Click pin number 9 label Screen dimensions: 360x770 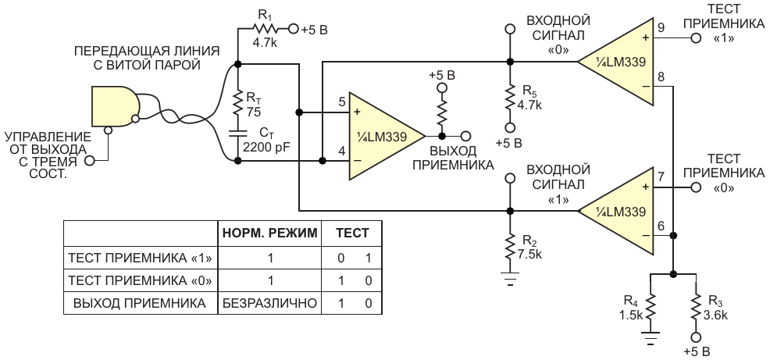pos(661,28)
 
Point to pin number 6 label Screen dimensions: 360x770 pos(661,226)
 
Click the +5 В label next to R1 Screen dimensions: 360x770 pos(315,30)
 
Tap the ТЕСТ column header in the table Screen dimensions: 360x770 pos(352,232)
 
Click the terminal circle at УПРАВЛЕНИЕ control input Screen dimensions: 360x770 pos(90,160)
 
